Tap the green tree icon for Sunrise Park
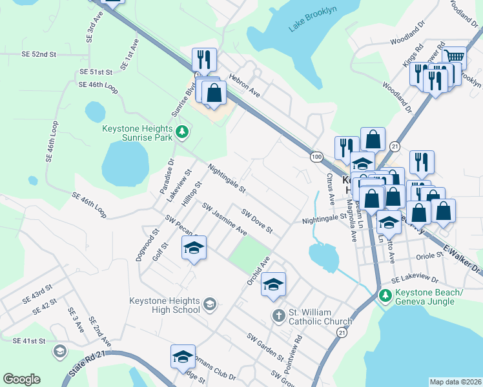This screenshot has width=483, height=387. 183,132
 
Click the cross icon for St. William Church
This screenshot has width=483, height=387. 278,315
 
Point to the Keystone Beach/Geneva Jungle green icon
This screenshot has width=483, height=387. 385,295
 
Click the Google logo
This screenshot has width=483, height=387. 21,379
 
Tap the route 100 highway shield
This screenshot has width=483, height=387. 316,157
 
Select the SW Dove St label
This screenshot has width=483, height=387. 257,221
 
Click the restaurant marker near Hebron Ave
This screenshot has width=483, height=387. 203,59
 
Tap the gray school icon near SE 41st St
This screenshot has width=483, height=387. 60,352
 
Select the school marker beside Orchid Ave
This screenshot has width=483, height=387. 273,284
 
